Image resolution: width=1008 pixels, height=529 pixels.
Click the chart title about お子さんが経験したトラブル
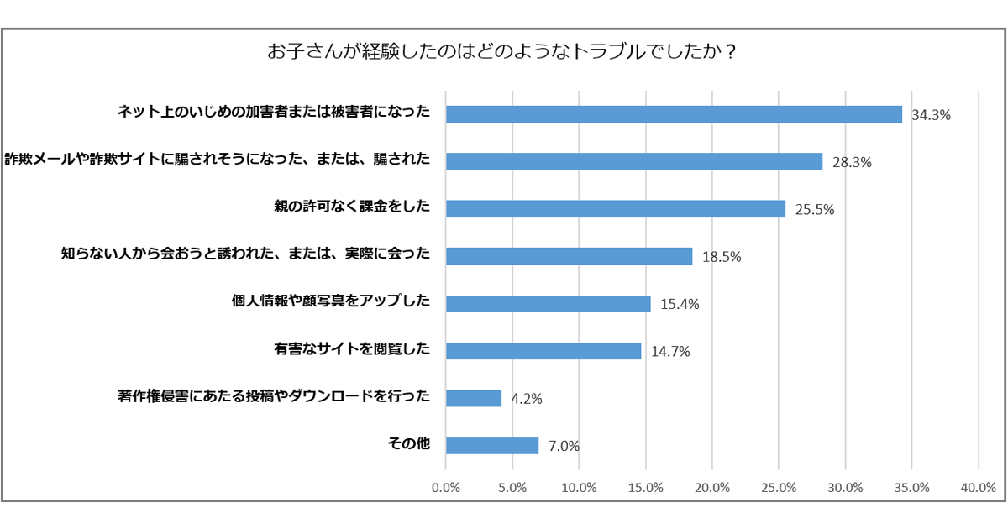coord(502,51)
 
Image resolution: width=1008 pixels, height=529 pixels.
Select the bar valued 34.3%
coord(674,114)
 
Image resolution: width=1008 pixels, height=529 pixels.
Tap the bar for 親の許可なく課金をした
coord(615,209)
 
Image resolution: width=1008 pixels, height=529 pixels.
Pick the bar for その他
coord(491,446)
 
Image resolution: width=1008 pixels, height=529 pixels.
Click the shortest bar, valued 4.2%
coord(473,398)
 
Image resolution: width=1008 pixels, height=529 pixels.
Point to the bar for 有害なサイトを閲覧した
coord(543,351)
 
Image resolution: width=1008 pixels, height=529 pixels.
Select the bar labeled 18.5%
coord(569,256)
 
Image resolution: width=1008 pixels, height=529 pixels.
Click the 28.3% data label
coord(852,163)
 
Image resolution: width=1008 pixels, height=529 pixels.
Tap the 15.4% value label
coord(680,304)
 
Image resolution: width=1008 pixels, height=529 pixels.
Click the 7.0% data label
coord(564,446)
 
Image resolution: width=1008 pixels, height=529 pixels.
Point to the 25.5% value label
coord(814,210)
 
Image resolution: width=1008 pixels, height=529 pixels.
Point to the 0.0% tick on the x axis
coord(446,487)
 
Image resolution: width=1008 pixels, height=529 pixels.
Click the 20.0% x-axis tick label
coord(712,487)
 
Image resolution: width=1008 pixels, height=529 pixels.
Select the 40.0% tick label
coord(979,487)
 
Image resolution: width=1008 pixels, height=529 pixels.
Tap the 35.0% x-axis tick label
coord(912,487)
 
